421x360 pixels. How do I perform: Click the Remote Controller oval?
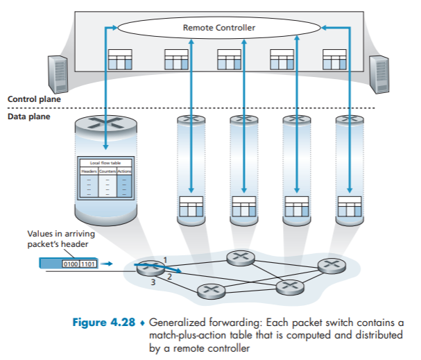pyautogui.click(x=219, y=27)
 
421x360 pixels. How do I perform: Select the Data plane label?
pyautogui.click(x=29, y=117)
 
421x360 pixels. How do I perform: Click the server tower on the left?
pyautogui.click(x=58, y=74)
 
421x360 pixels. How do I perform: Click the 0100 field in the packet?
pyautogui.click(x=70, y=264)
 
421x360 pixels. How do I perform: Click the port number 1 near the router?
pyautogui.click(x=165, y=259)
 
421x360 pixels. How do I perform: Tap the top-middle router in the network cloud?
pyautogui.click(x=239, y=257)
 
